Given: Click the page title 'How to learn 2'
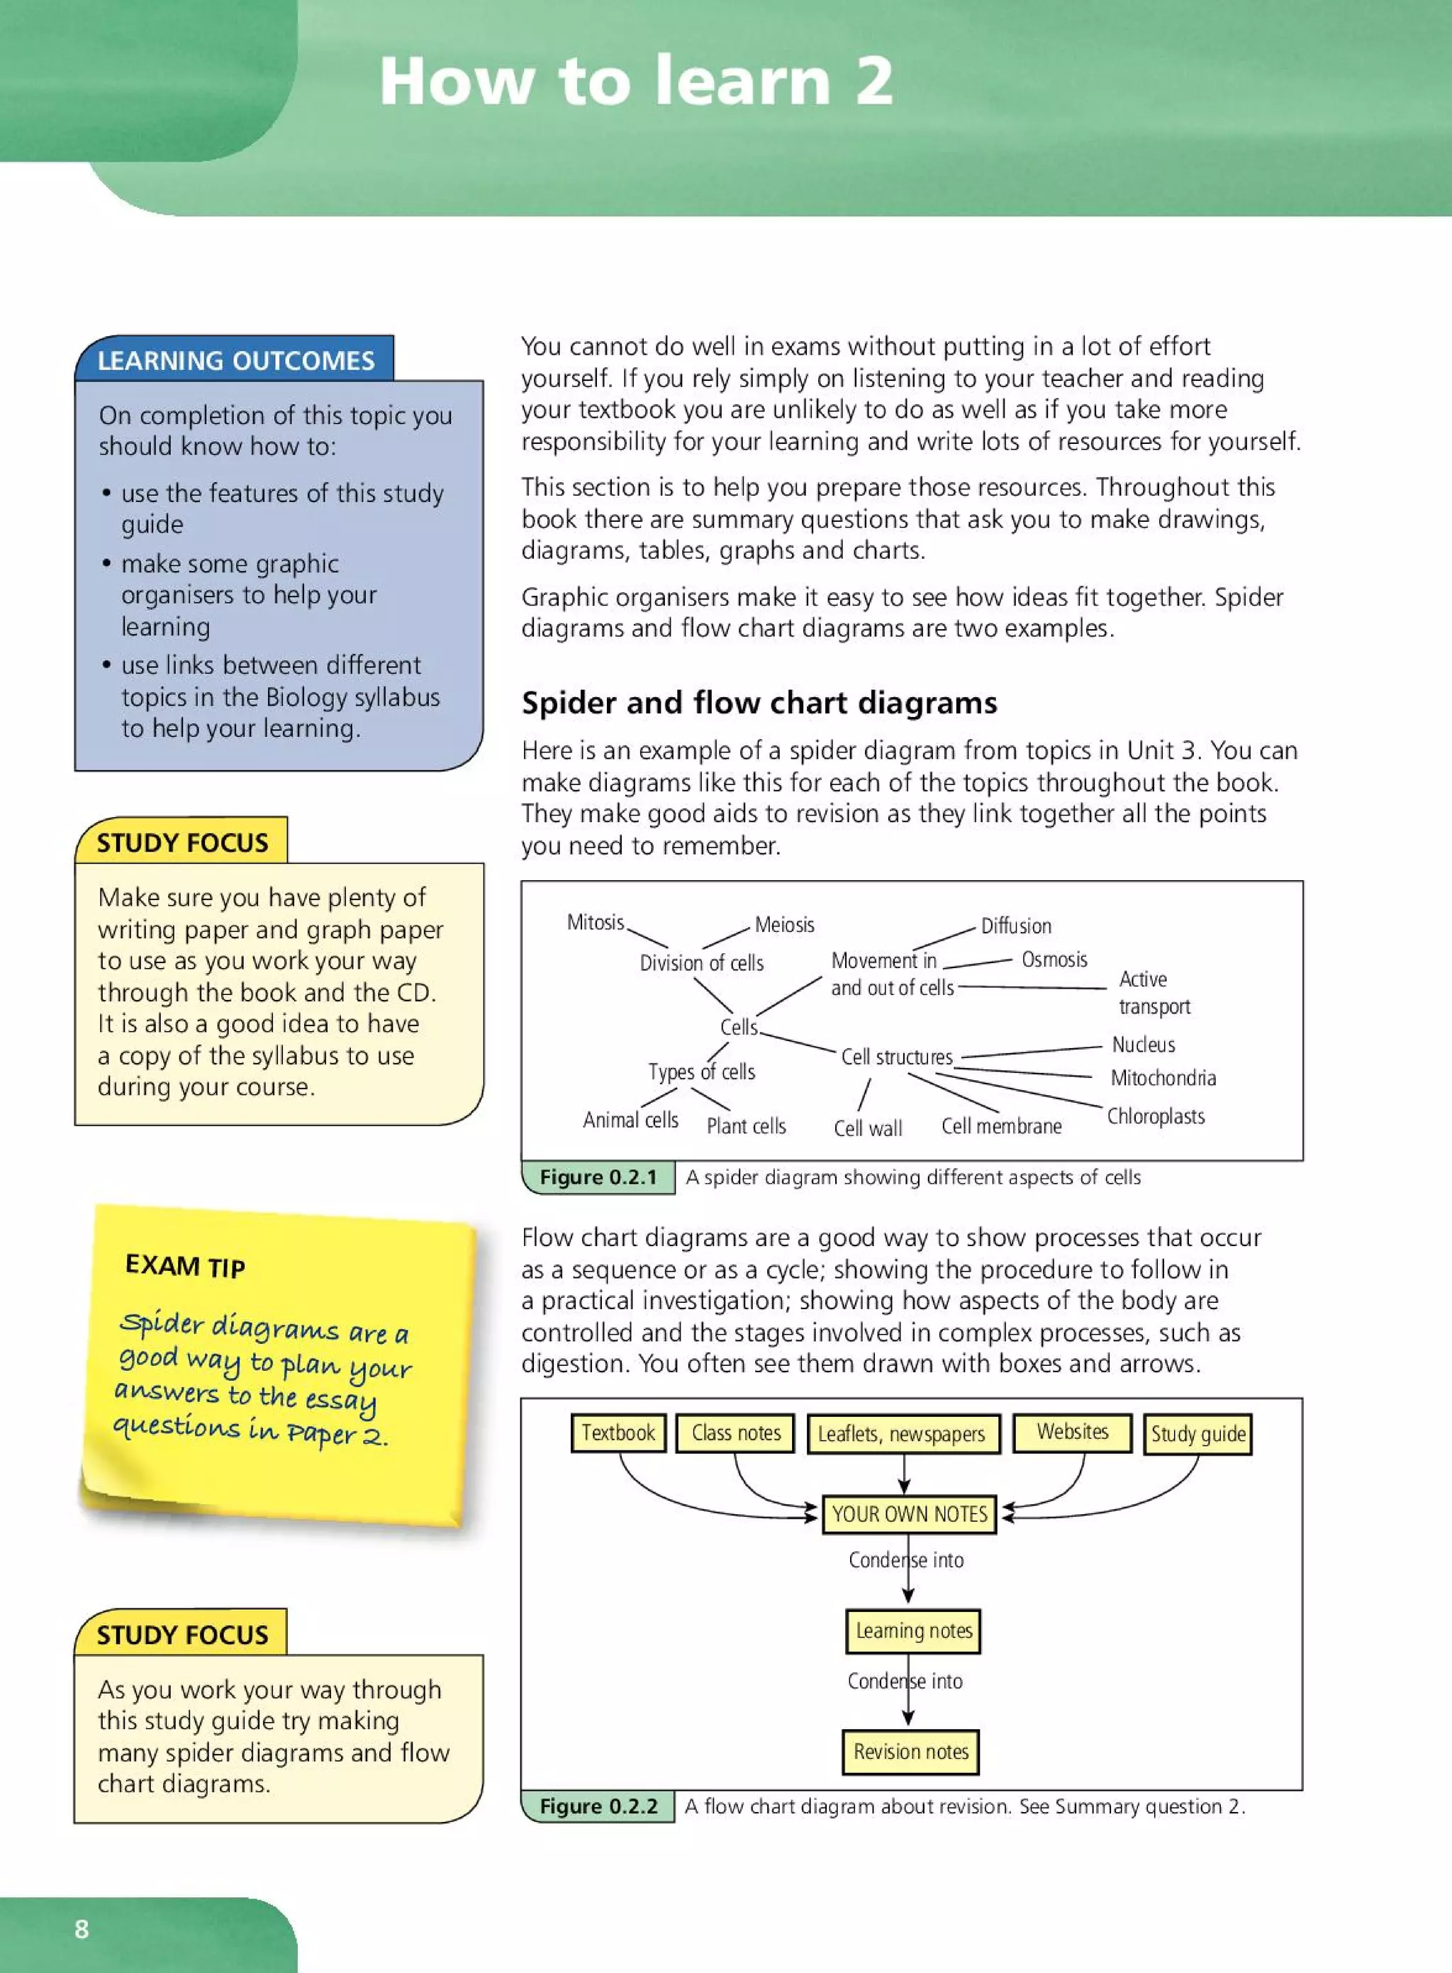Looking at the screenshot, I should tap(637, 81).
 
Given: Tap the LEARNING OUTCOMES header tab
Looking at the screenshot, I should tap(235, 360).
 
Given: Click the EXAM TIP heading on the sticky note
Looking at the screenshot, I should tap(184, 1266).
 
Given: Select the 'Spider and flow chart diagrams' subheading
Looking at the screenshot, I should tap(759, 703).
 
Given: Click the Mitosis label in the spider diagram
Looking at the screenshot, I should tap(595, 922).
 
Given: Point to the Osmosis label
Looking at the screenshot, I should tap(1054, 960).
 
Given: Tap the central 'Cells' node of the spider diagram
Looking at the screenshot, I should tap(738, 1027).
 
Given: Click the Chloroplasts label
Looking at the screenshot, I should tap(1155, 1116).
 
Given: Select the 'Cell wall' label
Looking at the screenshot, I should tap(868, 1128).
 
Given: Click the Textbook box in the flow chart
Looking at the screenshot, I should tap(618, 1433).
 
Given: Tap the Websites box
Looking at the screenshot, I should tap(1071, 1433).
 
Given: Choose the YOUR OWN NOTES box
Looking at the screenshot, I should tap(909, 1514).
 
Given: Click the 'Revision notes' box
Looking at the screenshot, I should tap(910, 1752).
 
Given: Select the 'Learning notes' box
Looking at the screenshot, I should tap(913, 1631).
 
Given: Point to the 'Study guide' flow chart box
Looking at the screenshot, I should tap(1197, 1435).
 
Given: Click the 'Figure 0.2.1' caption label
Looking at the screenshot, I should tap(598, 1177).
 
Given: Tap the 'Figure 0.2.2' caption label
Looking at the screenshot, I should tap(598, 1806).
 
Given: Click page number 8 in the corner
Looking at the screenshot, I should tap(82, 1929).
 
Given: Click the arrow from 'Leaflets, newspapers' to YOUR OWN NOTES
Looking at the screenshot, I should tap(903, 1474).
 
